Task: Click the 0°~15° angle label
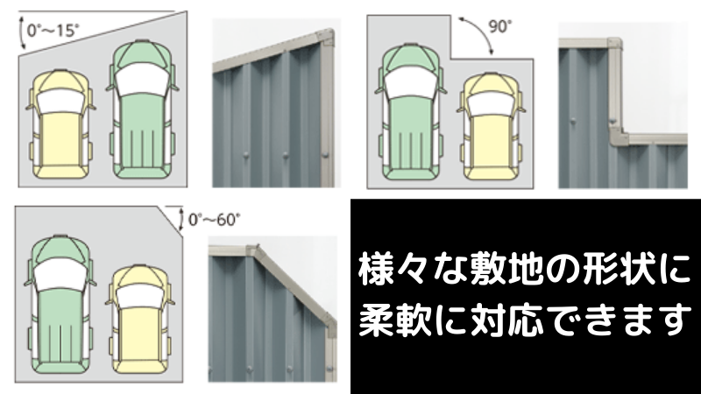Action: point(53,31)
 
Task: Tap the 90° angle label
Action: point(499,27)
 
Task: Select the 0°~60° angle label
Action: point(214,220)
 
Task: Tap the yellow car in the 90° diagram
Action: point(492,126)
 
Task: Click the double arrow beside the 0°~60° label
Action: point(181,219)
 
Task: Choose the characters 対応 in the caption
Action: point(505,320)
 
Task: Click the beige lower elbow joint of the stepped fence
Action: point(616,137)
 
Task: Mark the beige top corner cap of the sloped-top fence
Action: point(326,36)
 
